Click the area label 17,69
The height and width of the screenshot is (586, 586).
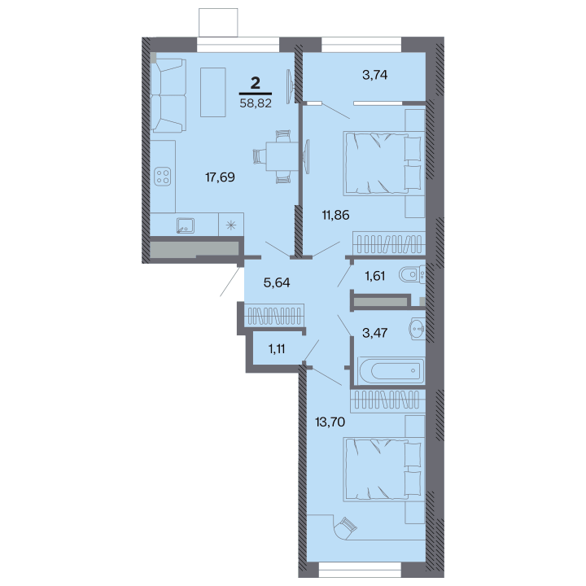(220, 177)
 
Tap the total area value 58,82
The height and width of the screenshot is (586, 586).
(256, 103)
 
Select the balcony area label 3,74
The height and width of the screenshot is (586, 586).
(375, 75)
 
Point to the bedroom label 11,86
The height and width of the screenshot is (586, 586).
(335, 215)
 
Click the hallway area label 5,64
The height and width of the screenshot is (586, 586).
(277, 282)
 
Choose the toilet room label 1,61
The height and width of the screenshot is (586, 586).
(375, 276)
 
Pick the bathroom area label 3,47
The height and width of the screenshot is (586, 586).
(375, 332)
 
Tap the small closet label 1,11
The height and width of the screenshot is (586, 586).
(277, 349)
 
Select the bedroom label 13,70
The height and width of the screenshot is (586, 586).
(330, 422)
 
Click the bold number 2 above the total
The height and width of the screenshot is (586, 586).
(256, 83)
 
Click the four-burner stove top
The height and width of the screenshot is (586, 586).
(163, 177)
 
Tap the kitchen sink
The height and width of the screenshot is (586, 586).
(185, 225)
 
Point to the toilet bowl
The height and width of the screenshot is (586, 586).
(412, 275)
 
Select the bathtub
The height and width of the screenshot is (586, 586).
(391, 370)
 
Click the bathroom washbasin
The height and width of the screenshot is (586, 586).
(417, 329)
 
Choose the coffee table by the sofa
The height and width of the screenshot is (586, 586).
(213, 92)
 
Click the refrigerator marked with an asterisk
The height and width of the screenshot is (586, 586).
(231, 225)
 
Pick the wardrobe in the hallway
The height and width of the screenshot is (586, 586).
(274, 315)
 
